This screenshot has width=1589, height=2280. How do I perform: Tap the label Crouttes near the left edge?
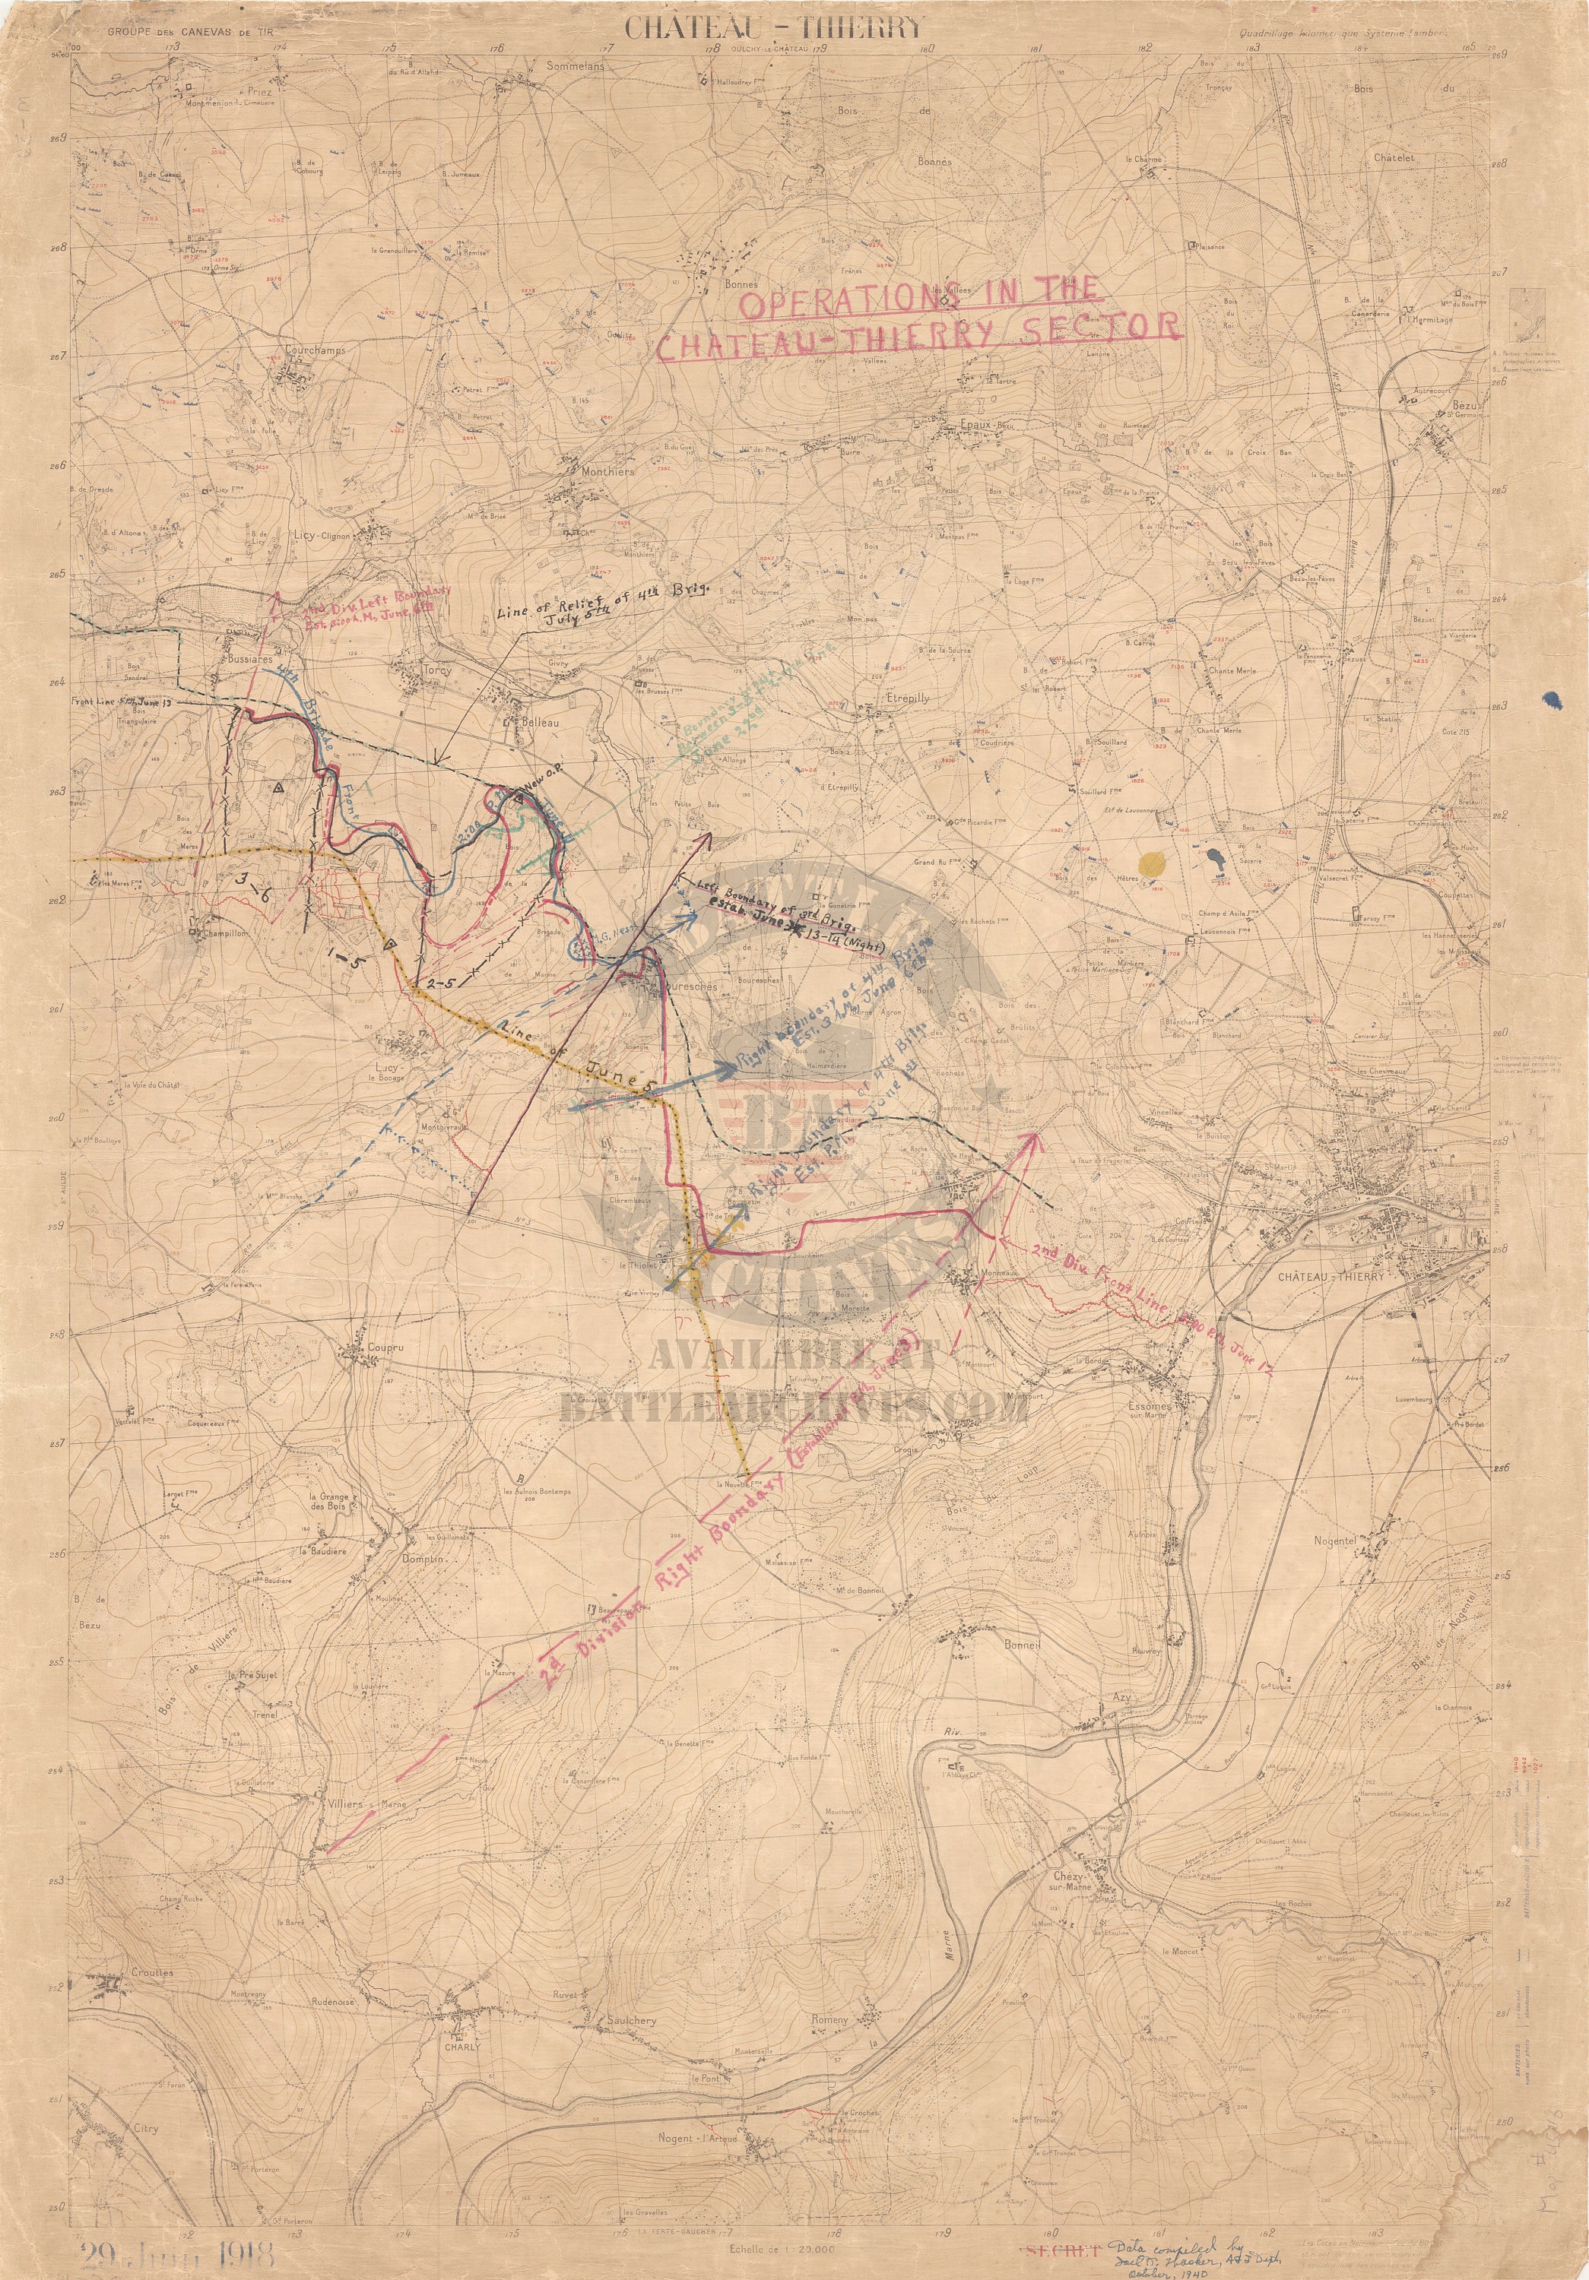150,1805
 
